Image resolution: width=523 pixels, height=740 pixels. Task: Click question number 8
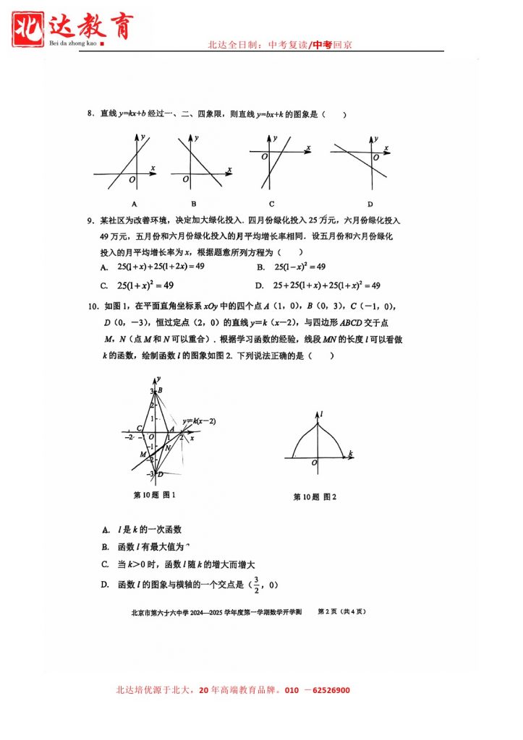tap(90, 114)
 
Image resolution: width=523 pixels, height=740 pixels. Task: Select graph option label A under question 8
tap(135, 204)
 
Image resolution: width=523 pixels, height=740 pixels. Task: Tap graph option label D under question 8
tap(370, 204)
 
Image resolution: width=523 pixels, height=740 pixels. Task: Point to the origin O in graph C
tap(264, 157)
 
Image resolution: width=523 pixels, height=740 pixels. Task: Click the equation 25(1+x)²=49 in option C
tap(149, 285)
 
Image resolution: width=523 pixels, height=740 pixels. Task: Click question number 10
tap(92, 307)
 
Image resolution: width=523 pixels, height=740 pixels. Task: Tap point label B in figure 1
tap(160, 391)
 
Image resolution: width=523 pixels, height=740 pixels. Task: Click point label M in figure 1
tap(143, 454)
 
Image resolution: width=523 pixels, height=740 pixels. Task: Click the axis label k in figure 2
tap(350, 453)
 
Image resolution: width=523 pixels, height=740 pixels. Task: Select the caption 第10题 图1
tap(155, 495)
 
